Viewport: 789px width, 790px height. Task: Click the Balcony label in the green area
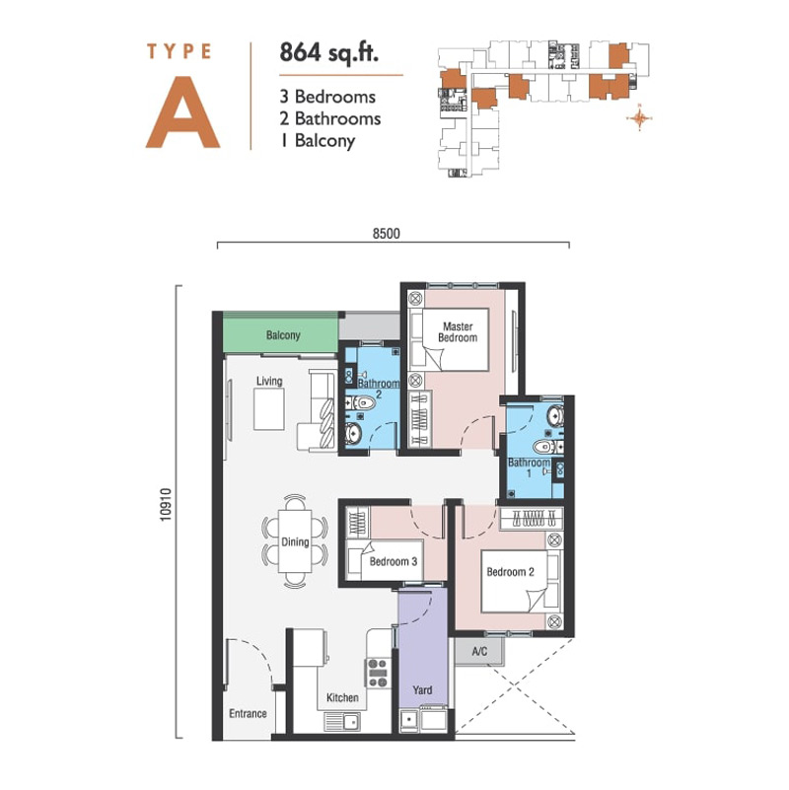point(283,335)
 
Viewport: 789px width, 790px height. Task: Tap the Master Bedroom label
point(458,332)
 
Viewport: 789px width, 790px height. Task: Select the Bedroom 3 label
point(394,561)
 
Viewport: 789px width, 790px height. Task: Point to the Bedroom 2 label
point(510,572)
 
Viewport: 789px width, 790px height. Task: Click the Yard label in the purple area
point(422,690)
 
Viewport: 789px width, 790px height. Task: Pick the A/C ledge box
point(479,652)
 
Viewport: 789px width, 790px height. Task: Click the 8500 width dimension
point(387,234)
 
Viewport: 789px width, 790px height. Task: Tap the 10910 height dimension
point(167,504)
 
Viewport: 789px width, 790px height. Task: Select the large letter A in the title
point(182,112)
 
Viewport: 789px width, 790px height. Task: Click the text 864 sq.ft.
point(329,53)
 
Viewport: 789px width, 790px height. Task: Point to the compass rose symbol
point(639,118)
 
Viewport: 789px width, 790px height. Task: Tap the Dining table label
point(295,542)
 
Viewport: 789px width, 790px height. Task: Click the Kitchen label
point(342,698)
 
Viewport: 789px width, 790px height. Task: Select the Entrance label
point(248,713)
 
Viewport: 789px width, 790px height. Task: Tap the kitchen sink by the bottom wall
point(342,722)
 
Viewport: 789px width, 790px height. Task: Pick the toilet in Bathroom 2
point(362,403)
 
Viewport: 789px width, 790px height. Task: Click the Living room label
point(269,381)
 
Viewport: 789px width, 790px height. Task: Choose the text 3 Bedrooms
point(327,97)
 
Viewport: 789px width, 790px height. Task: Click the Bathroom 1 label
point(529,467)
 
